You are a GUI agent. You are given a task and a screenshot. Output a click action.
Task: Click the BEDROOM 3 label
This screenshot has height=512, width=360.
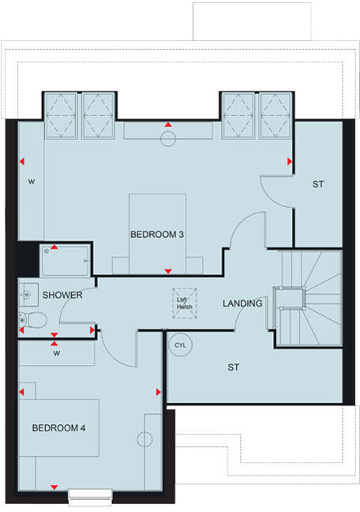(158, 235)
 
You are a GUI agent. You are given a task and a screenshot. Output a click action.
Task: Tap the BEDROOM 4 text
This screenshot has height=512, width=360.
(58, 427)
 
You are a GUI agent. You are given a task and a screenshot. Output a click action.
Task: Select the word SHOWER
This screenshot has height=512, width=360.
(62, 295)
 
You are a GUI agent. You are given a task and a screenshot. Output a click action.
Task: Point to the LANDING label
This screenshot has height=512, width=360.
(242, 303)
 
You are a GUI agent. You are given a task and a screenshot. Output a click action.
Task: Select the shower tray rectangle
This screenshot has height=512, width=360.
(67, 258)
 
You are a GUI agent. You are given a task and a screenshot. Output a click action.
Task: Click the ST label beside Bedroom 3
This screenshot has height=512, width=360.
(318, 184)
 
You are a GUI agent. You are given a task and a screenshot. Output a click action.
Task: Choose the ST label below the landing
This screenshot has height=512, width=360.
(233, 367)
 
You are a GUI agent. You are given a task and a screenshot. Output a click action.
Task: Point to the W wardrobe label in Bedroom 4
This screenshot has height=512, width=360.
(56, 353)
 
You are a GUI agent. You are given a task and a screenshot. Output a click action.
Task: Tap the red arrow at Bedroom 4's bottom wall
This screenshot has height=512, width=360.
(54, 486)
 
